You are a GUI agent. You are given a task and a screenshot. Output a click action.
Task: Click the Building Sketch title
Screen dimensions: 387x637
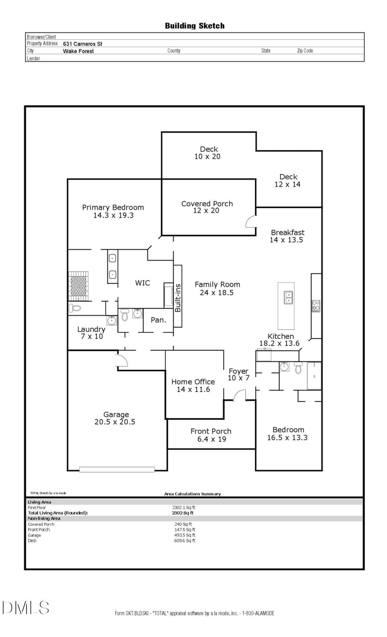click(194, 26)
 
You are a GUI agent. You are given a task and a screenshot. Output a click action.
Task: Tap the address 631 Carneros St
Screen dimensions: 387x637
click(83, 44)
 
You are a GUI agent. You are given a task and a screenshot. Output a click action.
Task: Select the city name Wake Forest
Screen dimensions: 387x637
click(78, 51)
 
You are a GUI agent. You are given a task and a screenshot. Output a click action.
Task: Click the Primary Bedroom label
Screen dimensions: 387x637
click(113, 207)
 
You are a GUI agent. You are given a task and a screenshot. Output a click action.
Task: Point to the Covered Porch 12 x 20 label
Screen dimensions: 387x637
click(207, 207)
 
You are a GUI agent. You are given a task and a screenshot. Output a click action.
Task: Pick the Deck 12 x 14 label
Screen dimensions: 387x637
click(288, 181)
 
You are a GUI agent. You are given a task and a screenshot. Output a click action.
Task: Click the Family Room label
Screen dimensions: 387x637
click(217, 284)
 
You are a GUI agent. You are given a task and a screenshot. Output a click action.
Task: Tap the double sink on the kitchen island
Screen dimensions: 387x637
click(288, 297)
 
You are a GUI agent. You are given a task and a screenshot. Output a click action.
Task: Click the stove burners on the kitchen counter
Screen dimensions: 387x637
click(316, 306)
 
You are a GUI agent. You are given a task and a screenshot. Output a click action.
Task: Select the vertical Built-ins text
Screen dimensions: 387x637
click(178, 298)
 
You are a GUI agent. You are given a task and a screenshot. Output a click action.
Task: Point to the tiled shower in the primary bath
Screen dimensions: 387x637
click(78, 286)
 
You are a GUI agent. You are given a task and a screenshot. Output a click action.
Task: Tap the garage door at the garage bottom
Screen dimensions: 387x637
click(117, 469)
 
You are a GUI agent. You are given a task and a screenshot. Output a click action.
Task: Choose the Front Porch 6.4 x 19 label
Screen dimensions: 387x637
click(211, 435)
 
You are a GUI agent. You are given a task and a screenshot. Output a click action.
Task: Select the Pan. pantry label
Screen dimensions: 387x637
click(158, 320)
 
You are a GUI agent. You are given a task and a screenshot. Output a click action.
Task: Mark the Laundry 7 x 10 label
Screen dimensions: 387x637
click(91, 333)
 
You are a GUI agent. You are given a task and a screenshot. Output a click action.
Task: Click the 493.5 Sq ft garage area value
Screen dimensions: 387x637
click(185, 535)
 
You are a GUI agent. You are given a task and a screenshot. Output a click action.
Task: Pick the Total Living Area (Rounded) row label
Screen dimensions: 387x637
click(58, 513)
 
